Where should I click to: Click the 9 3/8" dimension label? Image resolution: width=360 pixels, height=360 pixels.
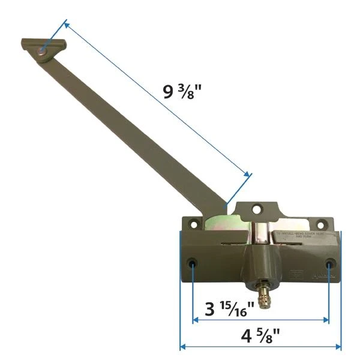183,94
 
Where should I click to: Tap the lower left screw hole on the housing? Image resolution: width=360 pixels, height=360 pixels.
193,264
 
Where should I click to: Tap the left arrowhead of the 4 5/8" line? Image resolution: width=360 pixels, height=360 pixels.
182,346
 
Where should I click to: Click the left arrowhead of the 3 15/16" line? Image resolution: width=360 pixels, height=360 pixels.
195,320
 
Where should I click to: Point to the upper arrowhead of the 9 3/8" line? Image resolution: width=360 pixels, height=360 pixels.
65,24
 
